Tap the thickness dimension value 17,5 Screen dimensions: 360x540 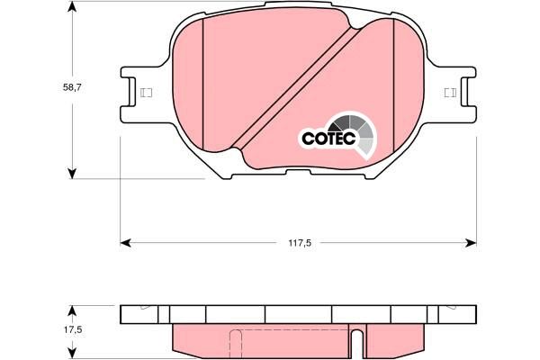[x=73, y=330]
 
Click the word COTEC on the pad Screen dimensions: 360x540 [x=328, y=139]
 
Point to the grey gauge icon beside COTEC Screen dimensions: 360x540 [x=357, y=131]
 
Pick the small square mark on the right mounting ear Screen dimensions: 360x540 [x=449, y=93]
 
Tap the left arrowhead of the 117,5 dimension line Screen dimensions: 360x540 [x=126, y=242]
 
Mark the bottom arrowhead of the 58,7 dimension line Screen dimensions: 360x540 [x=72, y=173]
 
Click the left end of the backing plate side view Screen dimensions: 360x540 [x=122, y=314]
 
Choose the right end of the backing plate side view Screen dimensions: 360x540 [x=473, y=314]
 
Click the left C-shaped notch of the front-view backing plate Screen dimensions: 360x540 [x=135, y=92]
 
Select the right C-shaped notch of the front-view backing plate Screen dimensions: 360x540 [x=462, y=92]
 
